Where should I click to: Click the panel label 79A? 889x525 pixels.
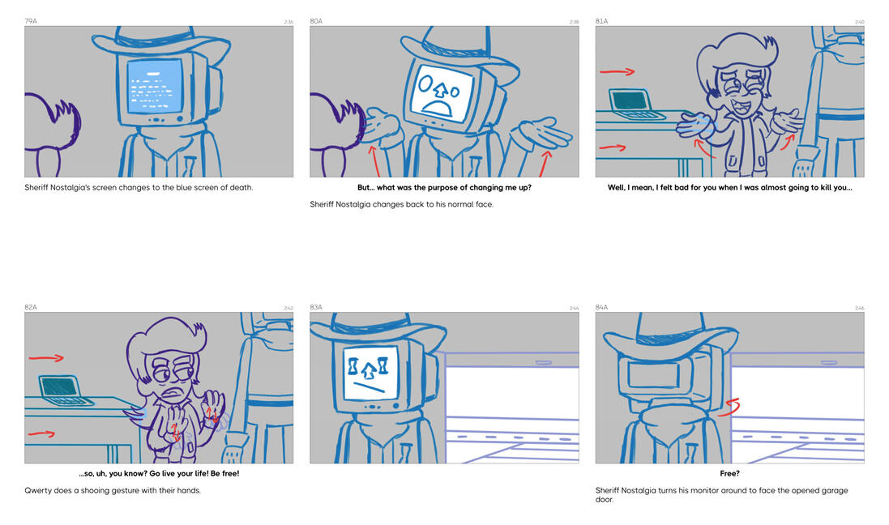point(31,21)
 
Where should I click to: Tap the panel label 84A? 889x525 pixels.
point(601,308)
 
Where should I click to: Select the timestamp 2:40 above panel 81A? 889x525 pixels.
point(858,22)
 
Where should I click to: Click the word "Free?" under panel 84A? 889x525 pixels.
point(729,474)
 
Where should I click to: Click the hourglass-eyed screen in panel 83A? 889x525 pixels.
point(370,373)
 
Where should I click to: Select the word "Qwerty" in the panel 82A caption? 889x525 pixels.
point(39,490)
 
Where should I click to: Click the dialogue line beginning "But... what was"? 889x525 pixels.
point(444,188)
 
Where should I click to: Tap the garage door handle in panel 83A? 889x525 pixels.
point(543,362)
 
